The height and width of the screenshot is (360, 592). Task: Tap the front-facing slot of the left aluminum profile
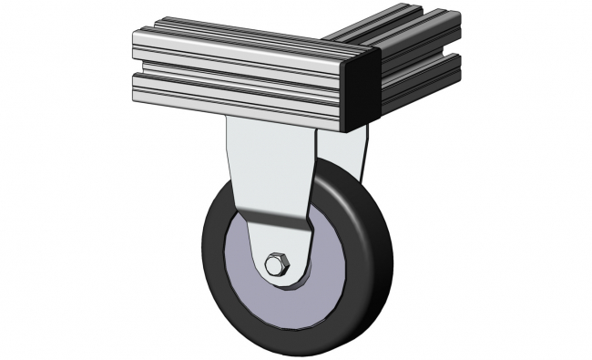point(237,69)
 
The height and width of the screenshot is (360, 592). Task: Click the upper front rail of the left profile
point(237,50)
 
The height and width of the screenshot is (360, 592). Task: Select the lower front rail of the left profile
point(237,91)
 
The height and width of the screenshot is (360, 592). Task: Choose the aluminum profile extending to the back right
point(414,55)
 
